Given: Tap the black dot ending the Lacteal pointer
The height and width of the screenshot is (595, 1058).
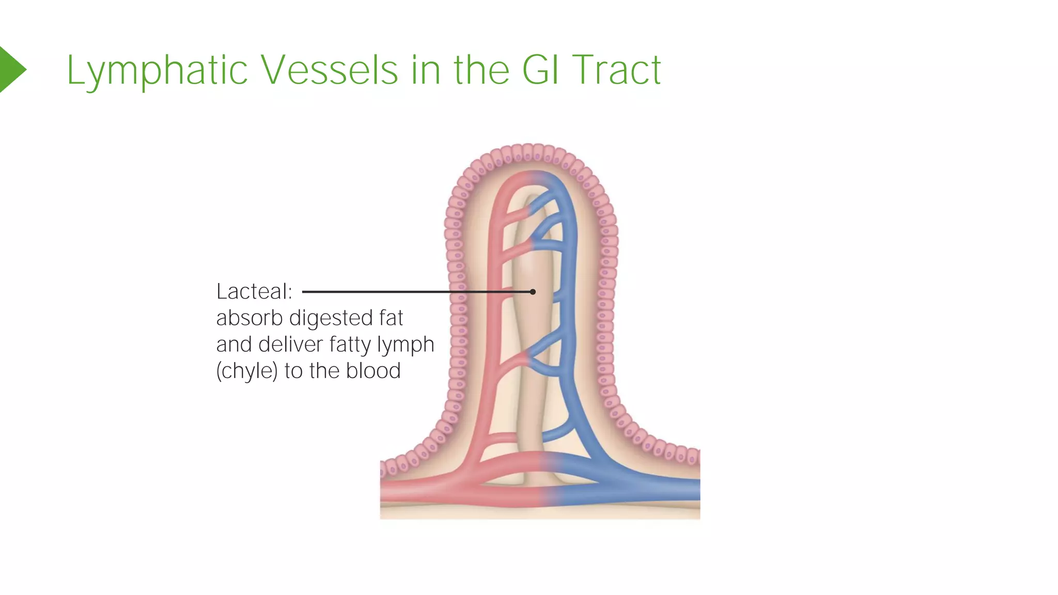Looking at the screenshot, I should [x=533, y=292].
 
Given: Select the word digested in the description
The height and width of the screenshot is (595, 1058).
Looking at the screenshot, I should [x=331, y=319].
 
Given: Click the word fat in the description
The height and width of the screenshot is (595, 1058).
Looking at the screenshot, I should [x=391, y=318].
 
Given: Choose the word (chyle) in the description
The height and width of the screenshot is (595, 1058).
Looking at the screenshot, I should [x=246, y=371].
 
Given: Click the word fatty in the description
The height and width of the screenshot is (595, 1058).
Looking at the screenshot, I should [x=351, y=345].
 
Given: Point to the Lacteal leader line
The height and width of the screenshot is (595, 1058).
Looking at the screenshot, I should [x=413, y=292].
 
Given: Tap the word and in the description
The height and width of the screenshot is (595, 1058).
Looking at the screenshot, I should [x=234, y=345].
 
